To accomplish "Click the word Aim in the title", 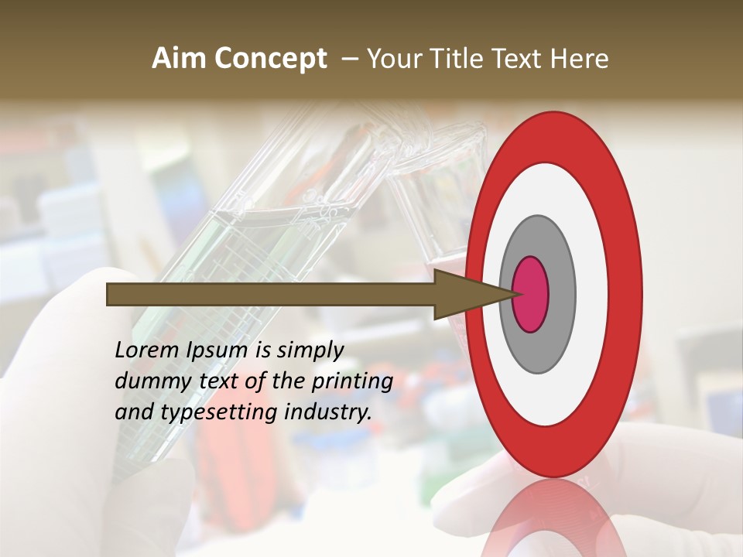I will pyautogui.click(x=179, y=59).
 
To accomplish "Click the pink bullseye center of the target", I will pyautogui.click(x=530, y=294).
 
